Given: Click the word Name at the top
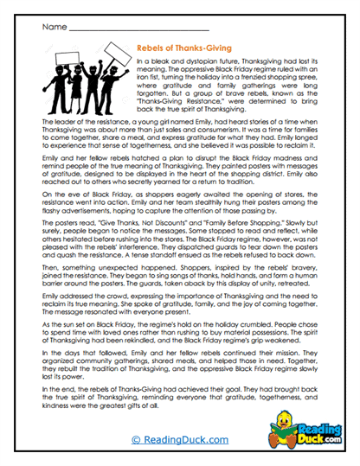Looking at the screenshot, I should point(53,27).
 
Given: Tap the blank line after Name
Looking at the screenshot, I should point(130,30).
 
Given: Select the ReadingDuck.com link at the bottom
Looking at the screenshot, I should point(179,439).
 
